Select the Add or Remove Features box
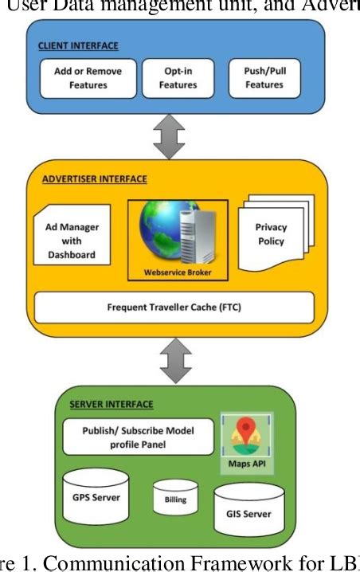[x=88, y=77]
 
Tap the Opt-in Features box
[x=178, y=77]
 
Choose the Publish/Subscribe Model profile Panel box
[x=138, y=435]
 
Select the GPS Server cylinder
[x=96, y=496]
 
